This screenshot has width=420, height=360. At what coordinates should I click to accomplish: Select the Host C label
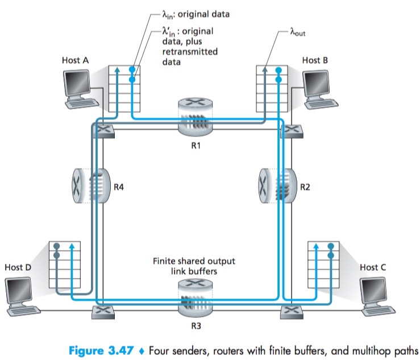pos(373,267)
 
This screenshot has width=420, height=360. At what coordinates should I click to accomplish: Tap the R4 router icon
pos(90,185)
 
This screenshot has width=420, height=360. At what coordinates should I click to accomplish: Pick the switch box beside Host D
pos(102,311)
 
